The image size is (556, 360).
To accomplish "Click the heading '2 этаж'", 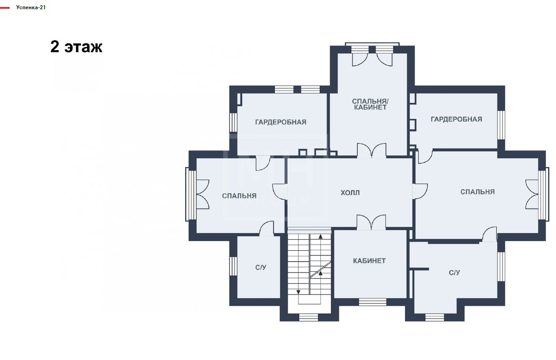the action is (x=76, y=47).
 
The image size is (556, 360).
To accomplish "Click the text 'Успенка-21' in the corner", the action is (x=31, y=7).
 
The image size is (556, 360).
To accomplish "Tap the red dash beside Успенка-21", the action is (x=5, y=8).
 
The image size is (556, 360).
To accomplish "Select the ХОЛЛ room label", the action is (x=350, y=192).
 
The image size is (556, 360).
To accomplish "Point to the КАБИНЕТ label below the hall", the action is (x=369, y=261).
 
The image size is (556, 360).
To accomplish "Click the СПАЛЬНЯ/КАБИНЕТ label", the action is (x=370, y=104).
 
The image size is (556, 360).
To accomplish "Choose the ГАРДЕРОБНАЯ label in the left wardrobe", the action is (x=281, y=122).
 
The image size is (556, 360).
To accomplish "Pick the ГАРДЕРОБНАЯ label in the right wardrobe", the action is (x=456, y=119).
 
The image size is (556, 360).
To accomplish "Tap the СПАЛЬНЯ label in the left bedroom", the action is (x=239, y=196).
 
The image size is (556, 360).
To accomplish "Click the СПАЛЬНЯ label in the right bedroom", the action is (x=478, y=192).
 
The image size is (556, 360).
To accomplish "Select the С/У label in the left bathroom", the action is (x=260, y=268).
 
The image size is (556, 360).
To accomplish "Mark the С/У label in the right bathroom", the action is (x=454, y=273).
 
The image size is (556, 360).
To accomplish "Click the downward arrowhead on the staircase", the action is (x=298, y=292).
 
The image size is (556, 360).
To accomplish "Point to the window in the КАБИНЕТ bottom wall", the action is (x=373, y=302).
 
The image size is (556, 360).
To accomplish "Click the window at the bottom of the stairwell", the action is (x=308, y=318).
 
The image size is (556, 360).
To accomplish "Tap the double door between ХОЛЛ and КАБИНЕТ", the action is (x=371, y=222).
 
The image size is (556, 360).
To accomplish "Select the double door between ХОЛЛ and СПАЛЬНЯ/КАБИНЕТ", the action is (x=372, y=150).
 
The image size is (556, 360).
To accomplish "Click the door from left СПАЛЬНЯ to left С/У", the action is (x=266, y=228).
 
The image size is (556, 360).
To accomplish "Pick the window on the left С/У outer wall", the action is (x=233, y=266).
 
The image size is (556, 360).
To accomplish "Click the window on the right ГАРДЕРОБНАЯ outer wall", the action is (x=501, y=125).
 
